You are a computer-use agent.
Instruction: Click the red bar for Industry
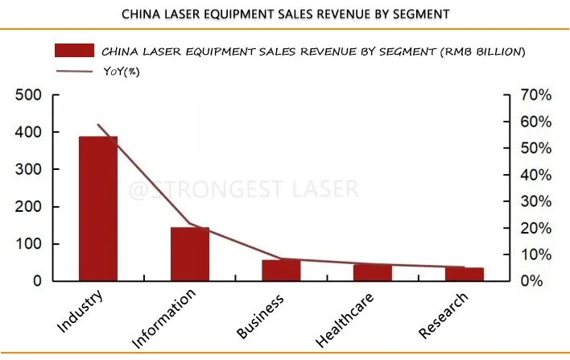tap(98, 209)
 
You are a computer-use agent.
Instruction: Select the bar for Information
tap(190, 254)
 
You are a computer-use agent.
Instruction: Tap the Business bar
tap(281, 271)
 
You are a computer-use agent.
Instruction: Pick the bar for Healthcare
tap(373, 272)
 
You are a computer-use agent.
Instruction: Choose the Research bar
tap(465, 274)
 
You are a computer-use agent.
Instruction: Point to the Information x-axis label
tap(165, 320)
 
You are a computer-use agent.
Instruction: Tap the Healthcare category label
tap(346, 320)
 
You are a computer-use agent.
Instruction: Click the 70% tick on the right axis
tap(535, 95)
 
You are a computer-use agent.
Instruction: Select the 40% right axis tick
tap(535, 175)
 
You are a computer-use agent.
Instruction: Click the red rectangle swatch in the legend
tap(74, 51)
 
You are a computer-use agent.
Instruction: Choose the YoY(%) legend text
tap(119, 72)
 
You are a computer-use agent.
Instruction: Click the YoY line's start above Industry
tap(98, 125)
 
